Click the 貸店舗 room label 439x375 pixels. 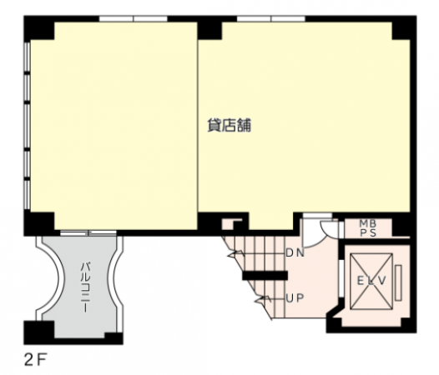pos(229,125)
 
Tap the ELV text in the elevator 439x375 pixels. pos(371,281)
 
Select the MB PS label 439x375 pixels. pos(368,228)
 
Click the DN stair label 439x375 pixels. pos(295,253)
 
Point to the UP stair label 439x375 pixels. pos(295,298)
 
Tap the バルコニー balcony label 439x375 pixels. pos(85,287)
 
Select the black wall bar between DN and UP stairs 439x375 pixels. pos(265,276)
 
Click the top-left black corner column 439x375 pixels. pos(39,27)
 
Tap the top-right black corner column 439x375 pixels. pos(404,27)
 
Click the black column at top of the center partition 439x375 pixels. pos(209,27)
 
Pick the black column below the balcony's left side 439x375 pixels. pos(39,332)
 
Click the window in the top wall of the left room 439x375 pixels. pos(134,18)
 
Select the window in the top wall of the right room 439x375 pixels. pos(271,18)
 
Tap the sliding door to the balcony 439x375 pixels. pos(88,233)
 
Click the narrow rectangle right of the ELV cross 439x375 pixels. pos(398,282)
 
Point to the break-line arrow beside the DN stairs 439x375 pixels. pos(236,254)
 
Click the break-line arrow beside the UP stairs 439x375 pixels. pos(262,300)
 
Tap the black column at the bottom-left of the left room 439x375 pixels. pos(39,223)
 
